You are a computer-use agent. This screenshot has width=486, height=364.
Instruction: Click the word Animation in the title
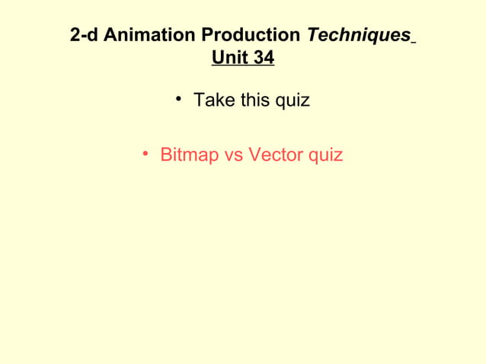(x=145, y=35)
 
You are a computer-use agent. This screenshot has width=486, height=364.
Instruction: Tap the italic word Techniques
(x=357, y=35)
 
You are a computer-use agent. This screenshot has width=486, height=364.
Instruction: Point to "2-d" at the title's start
(x=84, y=35)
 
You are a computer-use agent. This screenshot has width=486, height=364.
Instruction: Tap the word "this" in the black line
(x=253, y=100)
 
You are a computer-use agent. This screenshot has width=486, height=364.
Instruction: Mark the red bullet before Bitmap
(x=145, y=155)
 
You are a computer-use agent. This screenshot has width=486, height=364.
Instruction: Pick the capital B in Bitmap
(x=166, y=155)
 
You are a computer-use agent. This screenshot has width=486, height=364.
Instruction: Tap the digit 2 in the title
(x=75, y=35)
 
